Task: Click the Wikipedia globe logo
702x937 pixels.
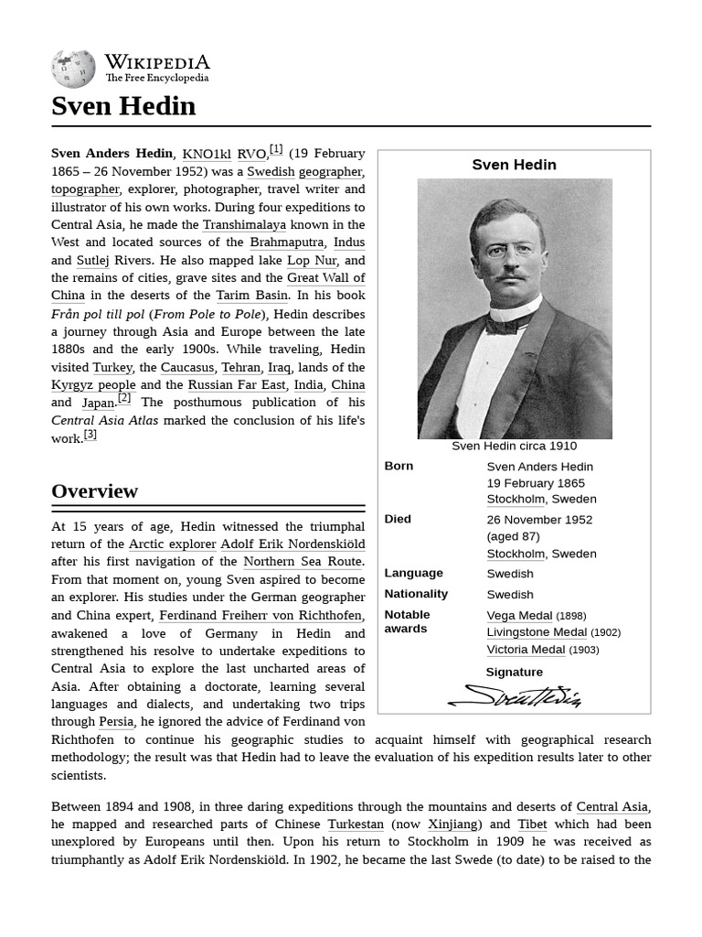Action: pyautogui.click(x=73, y=70)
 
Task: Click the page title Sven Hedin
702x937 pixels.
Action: pyautogui.click(x=123, y=106)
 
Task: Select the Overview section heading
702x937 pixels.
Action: pyautogui.click(x=95, y=491)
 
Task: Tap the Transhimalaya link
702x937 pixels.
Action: pyautogui.click(x=244, y=224)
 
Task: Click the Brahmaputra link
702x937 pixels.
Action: pyautogui.click(x=287, y=242)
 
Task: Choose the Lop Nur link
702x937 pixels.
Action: pyautogui.click(x=312, y=260)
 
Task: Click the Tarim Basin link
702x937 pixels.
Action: pyautogui.click(x=252, y=296)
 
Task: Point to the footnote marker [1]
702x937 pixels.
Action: pyautogui.click(x=276, y=149)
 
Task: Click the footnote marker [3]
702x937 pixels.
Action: pyautogui.click(x=90, y=434)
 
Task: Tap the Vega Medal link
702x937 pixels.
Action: pyautogui.click(x=519, y=616)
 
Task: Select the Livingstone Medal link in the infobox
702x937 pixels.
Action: pyautogui.click(x=537, y=632)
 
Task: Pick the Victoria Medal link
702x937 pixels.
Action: pyautogui.click(x=526, y=650)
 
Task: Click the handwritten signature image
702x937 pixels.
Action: pyautogui.click(x=515, y=696)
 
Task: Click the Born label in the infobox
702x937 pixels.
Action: pyautogui.click(x=399, y=466)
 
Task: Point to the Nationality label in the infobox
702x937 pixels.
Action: pyautogui.click(x=416, y=594)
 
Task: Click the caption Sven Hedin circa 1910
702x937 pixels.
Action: pyautogui.click(x=514, y=446)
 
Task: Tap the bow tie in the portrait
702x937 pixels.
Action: pyautogui.click(x=511, y=322)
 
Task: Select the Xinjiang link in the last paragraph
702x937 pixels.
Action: pyautogui.click(x=452, y=824)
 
